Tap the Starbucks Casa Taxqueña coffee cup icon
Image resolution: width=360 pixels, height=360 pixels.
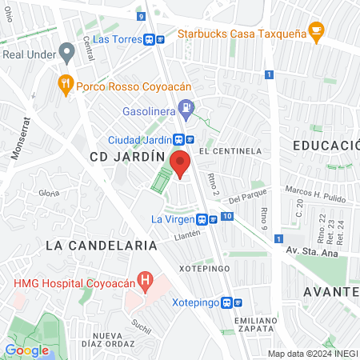[x=317, y=33]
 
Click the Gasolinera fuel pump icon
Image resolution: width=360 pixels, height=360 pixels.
[x=186, y=106]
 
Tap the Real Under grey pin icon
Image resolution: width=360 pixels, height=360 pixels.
[x=67, y=53]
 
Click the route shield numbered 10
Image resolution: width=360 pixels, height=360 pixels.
[x=228, y=217]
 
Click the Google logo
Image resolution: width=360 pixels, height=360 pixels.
[x=27, y=350]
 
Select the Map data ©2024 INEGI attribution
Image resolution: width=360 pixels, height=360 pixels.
[x=311, y=354]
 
